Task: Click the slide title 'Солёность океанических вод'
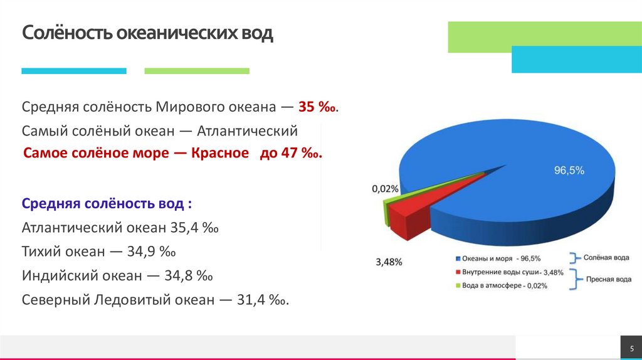(147, 33)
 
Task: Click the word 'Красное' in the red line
(220, 154)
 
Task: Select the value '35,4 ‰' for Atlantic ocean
(194, 227)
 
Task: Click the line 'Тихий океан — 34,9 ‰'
(98, 251)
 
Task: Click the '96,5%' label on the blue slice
(569, 170)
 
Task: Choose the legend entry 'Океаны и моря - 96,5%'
(501, 258)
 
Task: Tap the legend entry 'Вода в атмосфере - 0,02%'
(504, 286)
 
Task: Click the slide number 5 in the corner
(631, 347)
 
